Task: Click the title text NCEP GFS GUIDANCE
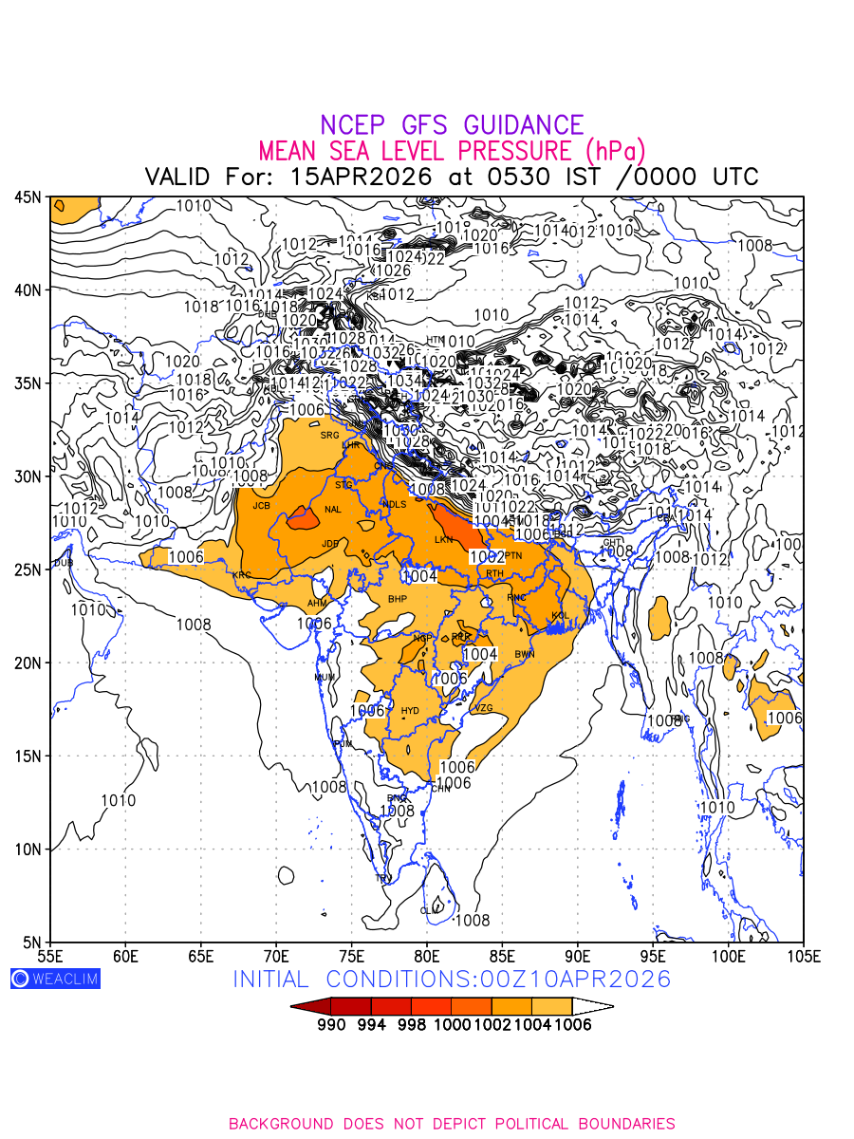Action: click(x=452, y=125)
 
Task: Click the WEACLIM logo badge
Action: click(x=55, y=979)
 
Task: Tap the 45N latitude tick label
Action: click(x=28, y=196)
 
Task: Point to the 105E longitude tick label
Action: click(x=803, y=955)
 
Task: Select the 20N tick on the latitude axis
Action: click(x=28, y=663)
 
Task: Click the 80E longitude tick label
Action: click(x=427, y=955)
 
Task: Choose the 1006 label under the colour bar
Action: click(x=572, y=1025)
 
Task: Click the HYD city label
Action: click(x=410, y=711)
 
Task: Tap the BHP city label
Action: click(x=397, y=599)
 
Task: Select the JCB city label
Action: click(x=261, y=506)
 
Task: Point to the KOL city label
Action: click(x=560, y=616)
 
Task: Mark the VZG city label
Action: click(x=483, y=708)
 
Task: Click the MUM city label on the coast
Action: click(x=324, y=677)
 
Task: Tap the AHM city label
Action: click(x=317, y=604)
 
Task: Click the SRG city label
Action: click(x=329, y=436)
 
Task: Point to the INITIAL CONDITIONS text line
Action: click(x=452, y=979)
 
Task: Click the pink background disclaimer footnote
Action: click(x=452, y=1124)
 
